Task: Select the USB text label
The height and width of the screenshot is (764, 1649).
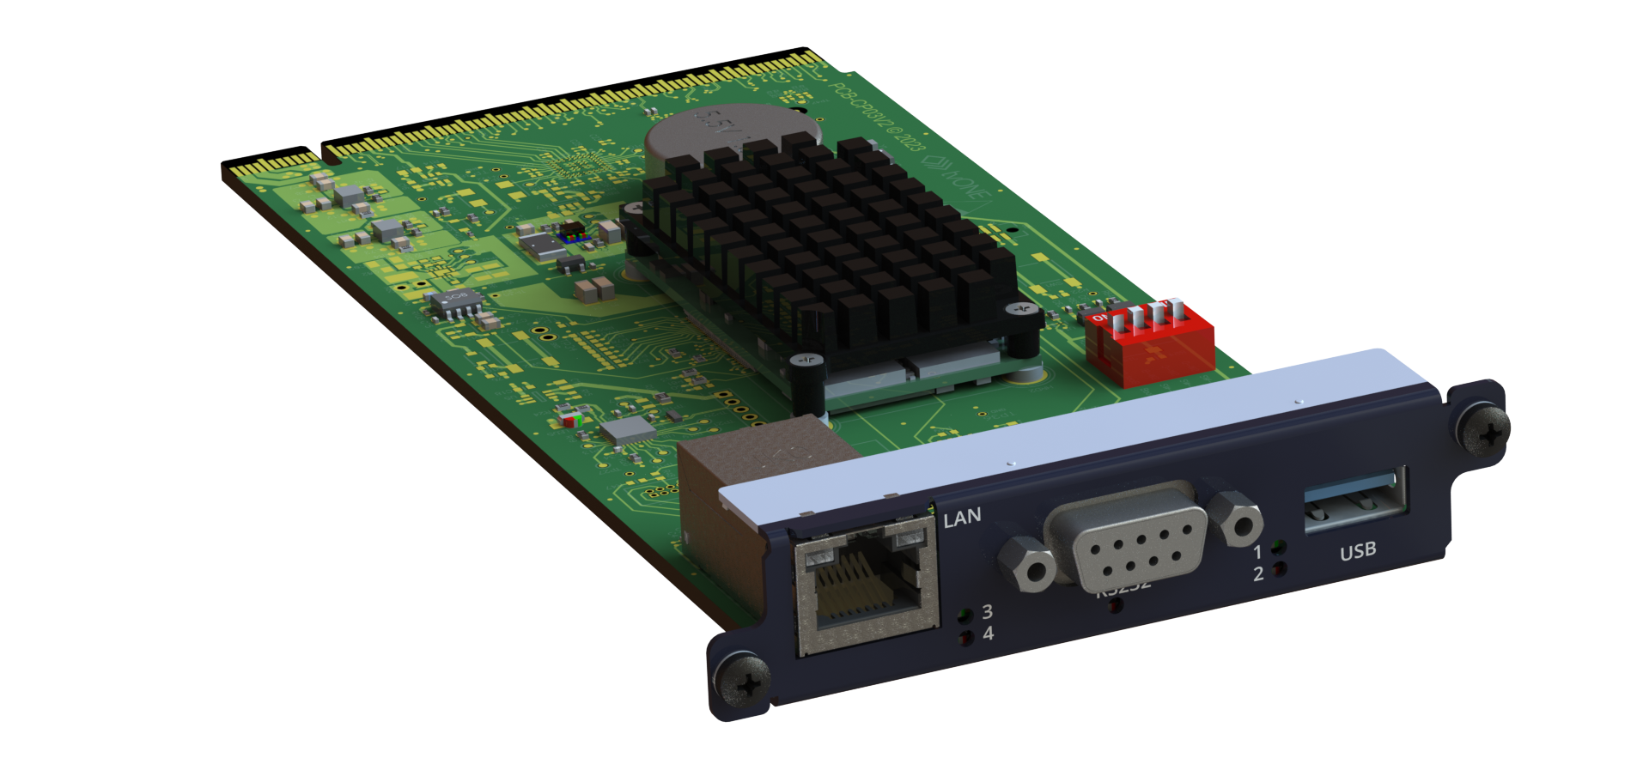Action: point(1358,551)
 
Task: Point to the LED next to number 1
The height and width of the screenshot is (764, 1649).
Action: point(1280,546)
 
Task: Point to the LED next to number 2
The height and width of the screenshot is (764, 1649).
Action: point(1280,568)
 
